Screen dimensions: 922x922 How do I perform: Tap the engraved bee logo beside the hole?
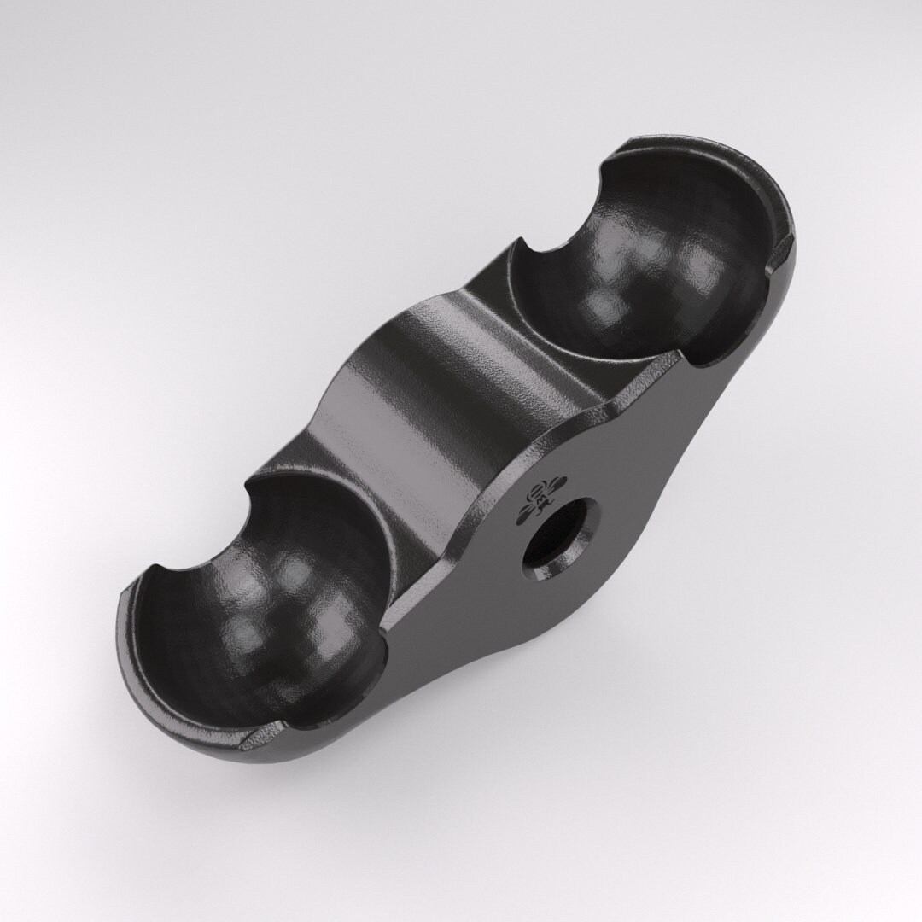coord(538,499)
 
